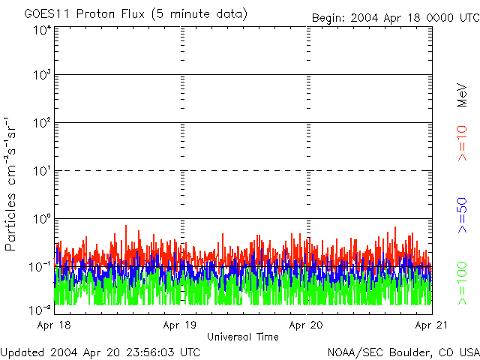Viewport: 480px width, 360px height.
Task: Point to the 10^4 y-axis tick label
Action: (41, 30)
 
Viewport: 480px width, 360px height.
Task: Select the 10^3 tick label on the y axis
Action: (41, 76)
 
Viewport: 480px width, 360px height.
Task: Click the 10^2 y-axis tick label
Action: (41, 123)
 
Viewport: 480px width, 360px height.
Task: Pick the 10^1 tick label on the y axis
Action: (41, 170)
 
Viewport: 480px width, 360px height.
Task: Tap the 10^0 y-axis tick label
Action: (41, 218)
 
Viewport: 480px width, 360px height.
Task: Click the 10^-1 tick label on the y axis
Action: (40, 266)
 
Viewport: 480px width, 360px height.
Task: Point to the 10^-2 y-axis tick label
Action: (40, 309)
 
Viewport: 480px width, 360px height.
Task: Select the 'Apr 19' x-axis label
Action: (180, 325)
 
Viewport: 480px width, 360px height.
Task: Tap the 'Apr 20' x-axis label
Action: (306, 325)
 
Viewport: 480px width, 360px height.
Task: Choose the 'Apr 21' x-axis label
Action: (431, 325)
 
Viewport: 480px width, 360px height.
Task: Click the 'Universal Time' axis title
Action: (243, 337)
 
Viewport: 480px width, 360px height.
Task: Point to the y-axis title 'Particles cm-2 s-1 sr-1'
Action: (13, 184)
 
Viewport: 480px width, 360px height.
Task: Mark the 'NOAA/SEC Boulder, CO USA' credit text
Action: (403, 352)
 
